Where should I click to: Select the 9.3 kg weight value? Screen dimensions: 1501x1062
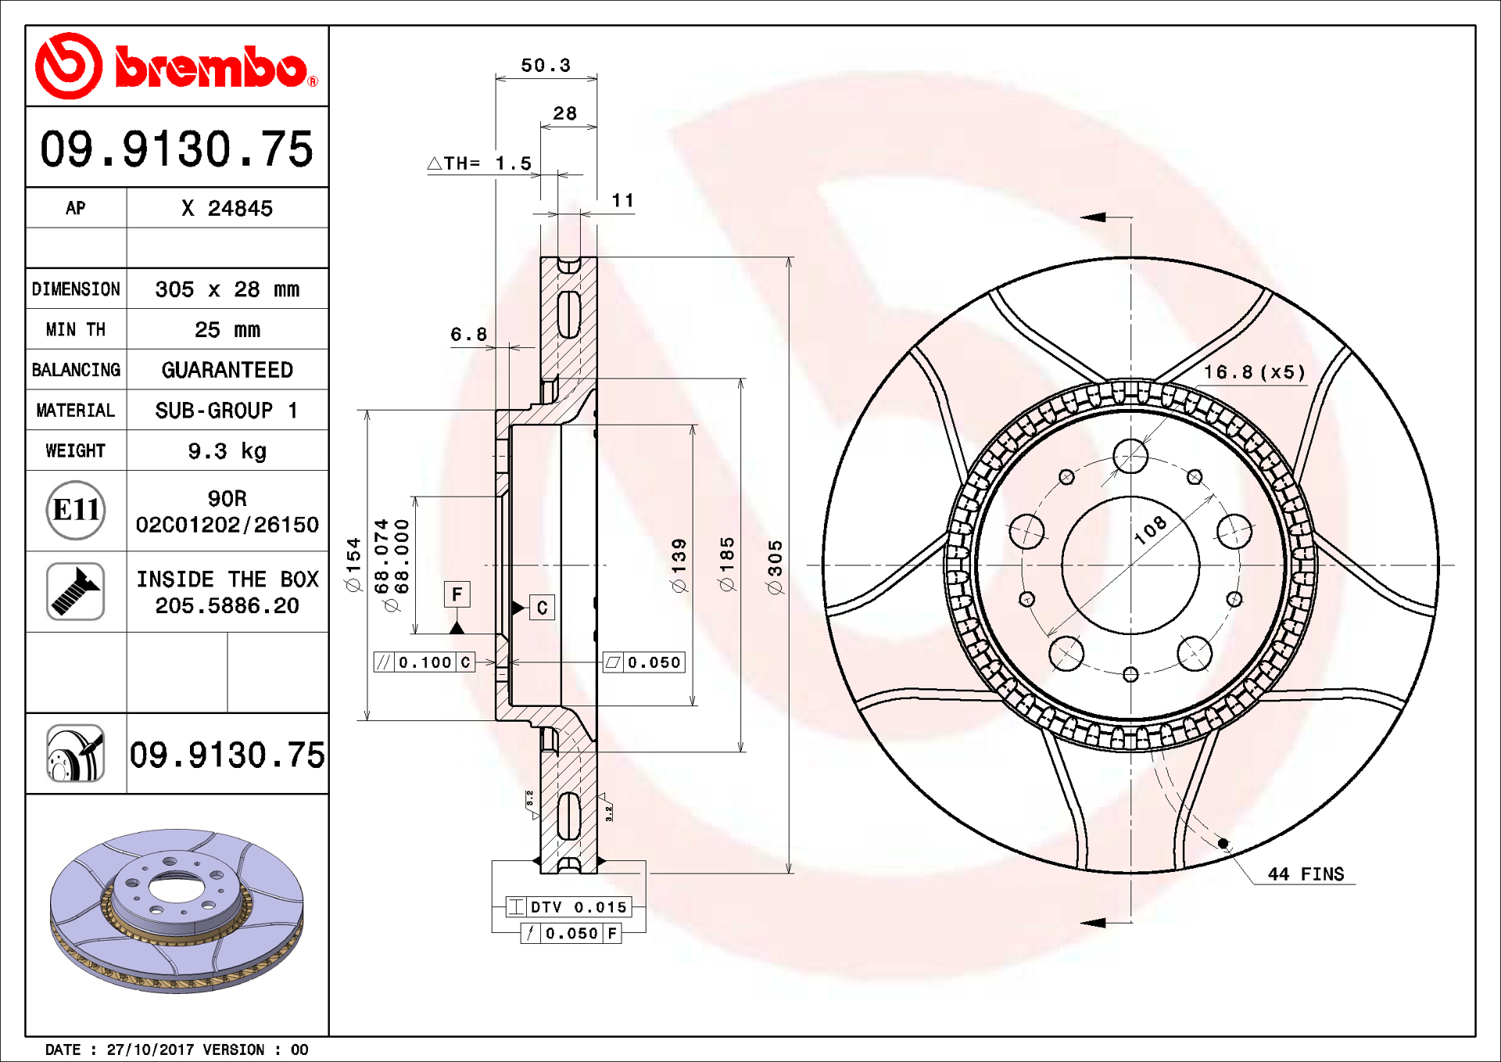[227, 451]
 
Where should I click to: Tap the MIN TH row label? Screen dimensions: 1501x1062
[76, 330]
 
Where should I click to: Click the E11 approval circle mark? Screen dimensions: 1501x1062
[76, 510]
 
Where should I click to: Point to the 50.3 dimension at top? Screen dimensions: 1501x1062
[546, 66]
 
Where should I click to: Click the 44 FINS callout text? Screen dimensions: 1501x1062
[1306, 874]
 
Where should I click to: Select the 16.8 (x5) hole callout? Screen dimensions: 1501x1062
[1254, 372]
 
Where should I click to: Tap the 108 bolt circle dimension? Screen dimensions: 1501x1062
[1150, 530]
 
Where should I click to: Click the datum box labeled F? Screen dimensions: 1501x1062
[457, 594]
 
